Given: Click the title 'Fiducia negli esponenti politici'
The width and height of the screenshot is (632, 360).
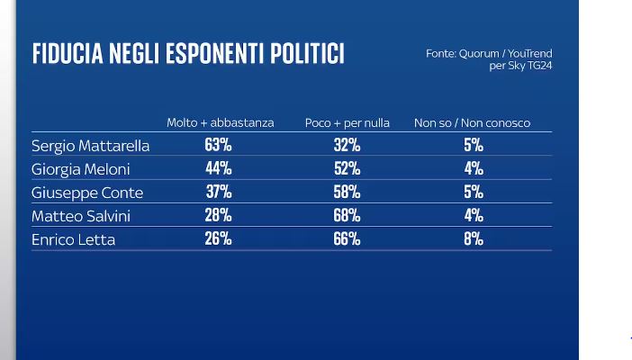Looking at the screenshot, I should click(x=188, y=54).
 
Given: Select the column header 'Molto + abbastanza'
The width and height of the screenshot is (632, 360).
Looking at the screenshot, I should click(x=220, y=122).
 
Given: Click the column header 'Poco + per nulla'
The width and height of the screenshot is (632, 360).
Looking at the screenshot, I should click(x=347, y=122).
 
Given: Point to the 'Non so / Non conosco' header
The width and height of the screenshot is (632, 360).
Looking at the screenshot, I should click(x=472, y=122).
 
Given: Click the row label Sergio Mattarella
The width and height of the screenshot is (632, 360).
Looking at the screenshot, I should click(x=90, y=146).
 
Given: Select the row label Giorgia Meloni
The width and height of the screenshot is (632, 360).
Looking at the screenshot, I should click(x=82, y=169).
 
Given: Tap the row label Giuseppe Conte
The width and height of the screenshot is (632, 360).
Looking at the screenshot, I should click(x=86, y=193).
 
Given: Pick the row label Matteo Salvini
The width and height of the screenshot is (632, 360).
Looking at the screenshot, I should click(x=82, y=216).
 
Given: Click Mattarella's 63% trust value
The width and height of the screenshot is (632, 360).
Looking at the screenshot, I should click(x=219, y=145).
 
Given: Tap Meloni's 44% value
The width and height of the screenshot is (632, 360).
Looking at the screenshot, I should click(x=219, y=168).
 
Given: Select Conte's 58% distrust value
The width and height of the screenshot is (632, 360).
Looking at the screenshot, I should click(x=347, y=192).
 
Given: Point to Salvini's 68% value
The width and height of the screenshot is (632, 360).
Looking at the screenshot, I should click(x=347, y=215).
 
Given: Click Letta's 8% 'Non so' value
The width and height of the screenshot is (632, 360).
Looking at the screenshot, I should click(x=474, y=238).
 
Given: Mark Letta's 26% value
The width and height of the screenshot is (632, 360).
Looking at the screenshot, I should click(x=219, y=238).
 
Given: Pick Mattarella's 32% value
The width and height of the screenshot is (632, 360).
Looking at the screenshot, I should click(x=347, y=145).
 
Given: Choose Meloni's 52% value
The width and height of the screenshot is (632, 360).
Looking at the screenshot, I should click(x=347, y=168).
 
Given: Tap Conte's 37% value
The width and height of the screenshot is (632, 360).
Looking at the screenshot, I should click(x=219, y=192).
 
